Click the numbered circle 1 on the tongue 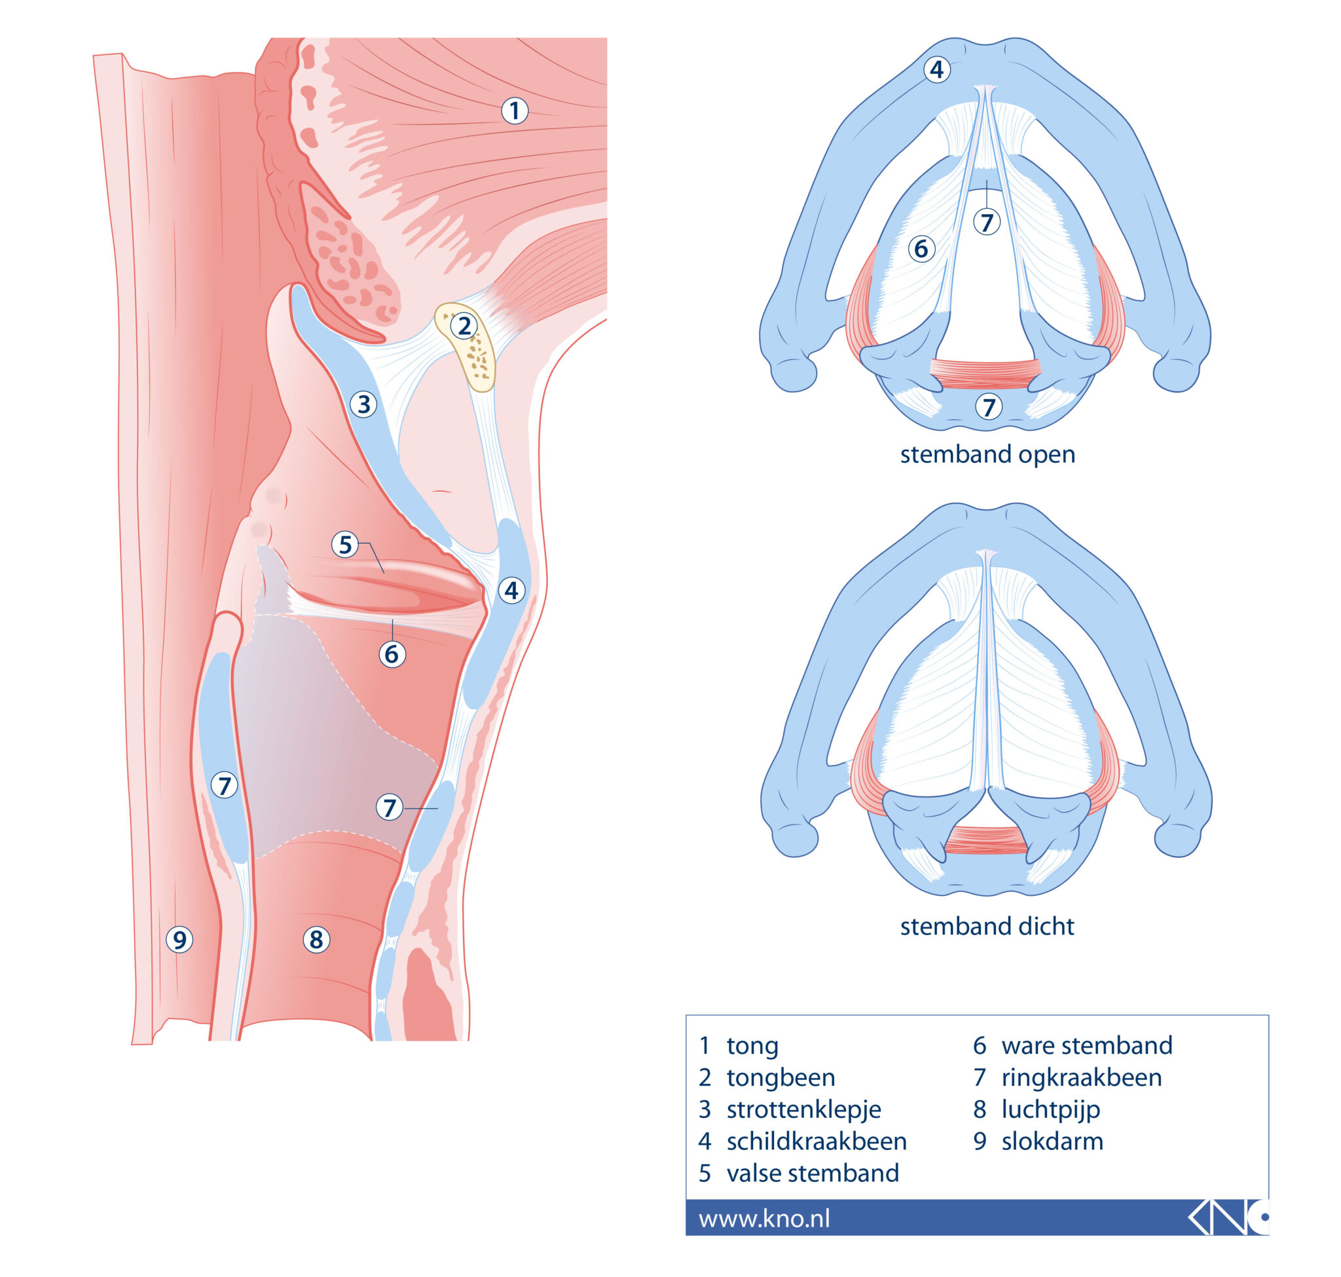click(514, 110)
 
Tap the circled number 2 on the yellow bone click(464, 326)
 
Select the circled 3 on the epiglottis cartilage click(363, 403)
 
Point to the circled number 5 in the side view click(345, 544)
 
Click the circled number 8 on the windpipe click(316, 940)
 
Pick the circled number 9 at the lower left click(179, 940)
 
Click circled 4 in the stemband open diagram click(936, 69)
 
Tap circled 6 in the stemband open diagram click(921, 248)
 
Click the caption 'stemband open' click(987, 454)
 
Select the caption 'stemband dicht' click(986, 927)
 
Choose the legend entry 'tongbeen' click(780, 1077)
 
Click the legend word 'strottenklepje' click(803, 1109)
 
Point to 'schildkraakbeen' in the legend click(816, 1141)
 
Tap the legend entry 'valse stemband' click(812, 1174)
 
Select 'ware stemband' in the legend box click(1086, 1046)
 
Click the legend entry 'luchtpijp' click(1050, 1109)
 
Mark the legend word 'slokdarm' click(1052, 1141)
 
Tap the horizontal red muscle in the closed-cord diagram click(986, 840)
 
